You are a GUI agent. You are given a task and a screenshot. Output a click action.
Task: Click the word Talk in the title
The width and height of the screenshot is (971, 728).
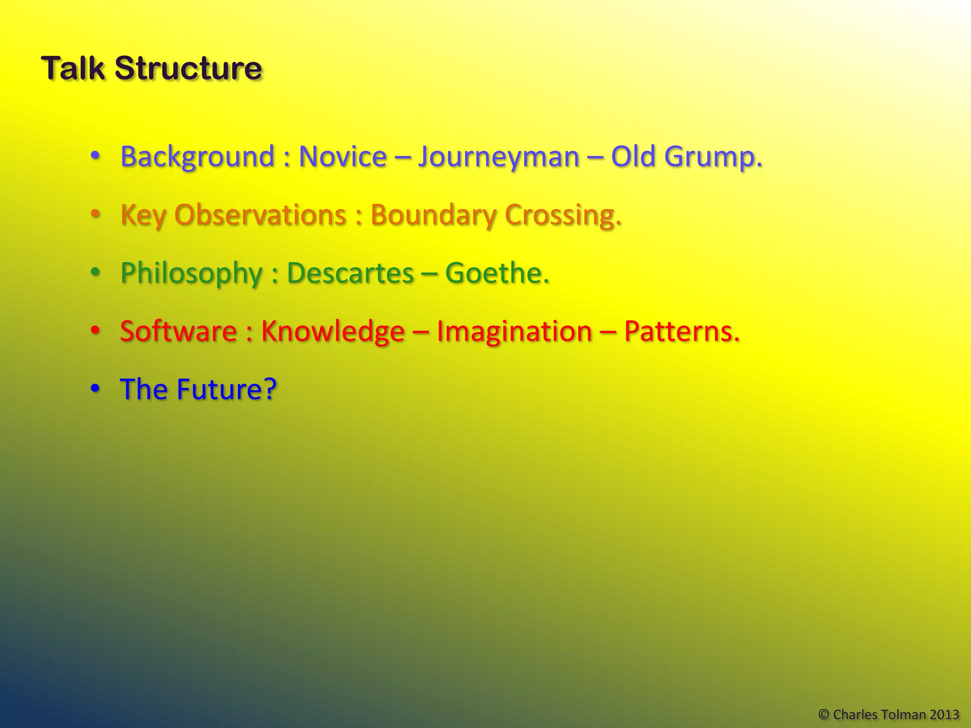click(72, 68)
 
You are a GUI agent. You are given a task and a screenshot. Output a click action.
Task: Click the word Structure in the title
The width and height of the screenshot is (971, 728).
click(188, 68)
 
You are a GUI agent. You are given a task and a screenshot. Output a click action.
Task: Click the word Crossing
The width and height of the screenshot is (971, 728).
click(562, 216)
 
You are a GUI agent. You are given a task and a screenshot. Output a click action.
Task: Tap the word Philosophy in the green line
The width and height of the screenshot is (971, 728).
click(191, 274)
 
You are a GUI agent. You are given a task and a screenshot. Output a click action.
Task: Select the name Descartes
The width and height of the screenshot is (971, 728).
click(350, 273)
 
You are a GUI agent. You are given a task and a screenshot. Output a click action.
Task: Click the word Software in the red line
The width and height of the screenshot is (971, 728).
click(178, 331)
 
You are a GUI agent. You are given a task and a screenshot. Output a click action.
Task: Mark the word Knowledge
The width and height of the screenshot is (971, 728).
click(333, 331)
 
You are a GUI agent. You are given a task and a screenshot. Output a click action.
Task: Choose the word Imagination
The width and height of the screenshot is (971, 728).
click(514, 331)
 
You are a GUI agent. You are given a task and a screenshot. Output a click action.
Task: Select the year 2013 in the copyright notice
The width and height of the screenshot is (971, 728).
click(944, 714)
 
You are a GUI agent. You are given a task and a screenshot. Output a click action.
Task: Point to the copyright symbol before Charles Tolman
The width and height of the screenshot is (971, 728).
click(824, 714)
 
